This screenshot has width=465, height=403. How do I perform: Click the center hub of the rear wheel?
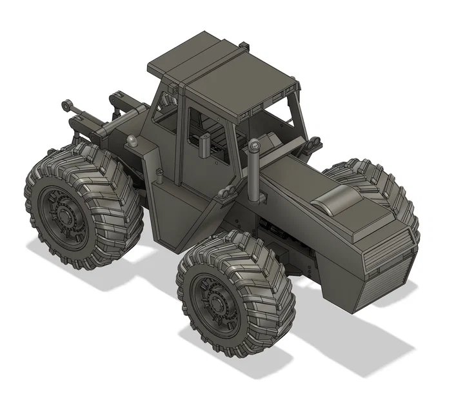[63, 213]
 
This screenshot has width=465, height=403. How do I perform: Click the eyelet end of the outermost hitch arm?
[66, 104]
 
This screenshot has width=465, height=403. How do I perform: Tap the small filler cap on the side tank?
[159, 172]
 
